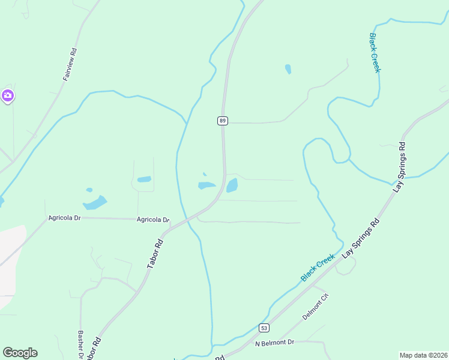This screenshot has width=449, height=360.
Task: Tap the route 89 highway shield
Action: pyautogui.click(x=222, y=121)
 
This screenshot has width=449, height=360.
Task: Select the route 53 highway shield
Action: pyautogui.click(x=264, y=328)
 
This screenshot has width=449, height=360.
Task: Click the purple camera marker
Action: pyautogui.click(x=8, y=95)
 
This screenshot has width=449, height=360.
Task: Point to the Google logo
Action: pyautogui.click(x=20, y=353)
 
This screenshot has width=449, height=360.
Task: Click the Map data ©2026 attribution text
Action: pyautogui.click(x=423, y=355)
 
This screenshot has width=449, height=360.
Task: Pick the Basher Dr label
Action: pyautogui.click(x=80, y=344)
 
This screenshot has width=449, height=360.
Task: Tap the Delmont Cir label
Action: pyautogui.click(x=316, y=307)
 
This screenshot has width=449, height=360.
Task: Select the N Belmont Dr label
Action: pyautogui.click(x=274, y=343)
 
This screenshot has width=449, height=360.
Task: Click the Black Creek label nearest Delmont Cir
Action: pyautogui.click(x=318, y=268)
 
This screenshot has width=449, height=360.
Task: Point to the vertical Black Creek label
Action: pyautogui.click(x=375, y=53)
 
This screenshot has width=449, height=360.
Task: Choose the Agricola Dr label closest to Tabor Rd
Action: pyautogui.click(x=153, y=220)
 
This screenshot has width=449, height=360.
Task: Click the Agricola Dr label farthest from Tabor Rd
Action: pyautogui.click(x=64, y=217)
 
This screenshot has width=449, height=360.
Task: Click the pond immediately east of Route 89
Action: pyautogui.click(x=232, y=185)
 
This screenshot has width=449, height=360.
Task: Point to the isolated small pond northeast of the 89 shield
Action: pyautogui.click(x=288, y=69)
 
